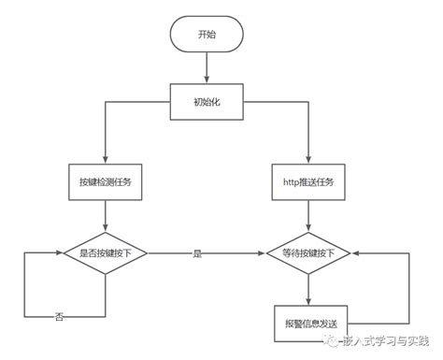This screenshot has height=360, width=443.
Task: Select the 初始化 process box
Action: pyautogui.click(x=207, y=100)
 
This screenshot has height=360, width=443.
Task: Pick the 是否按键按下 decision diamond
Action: pyautogui.click(x=106, y=253)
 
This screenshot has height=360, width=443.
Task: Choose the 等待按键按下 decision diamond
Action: pyautogui.click(x=307, y=253)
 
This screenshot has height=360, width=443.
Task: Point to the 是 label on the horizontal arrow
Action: pyautogui.click(x=197, y=253)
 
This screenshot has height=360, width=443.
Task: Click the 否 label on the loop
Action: pyautogui.click(x=59, y=318)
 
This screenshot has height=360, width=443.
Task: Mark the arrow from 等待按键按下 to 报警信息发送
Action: pyautogui.click(x=307, y=288)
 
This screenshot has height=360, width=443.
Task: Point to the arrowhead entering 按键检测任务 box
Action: pyautogui.click(x=106, y=161)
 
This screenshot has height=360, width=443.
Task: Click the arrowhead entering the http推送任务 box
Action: pyautogui.click(x=307, y=161)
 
